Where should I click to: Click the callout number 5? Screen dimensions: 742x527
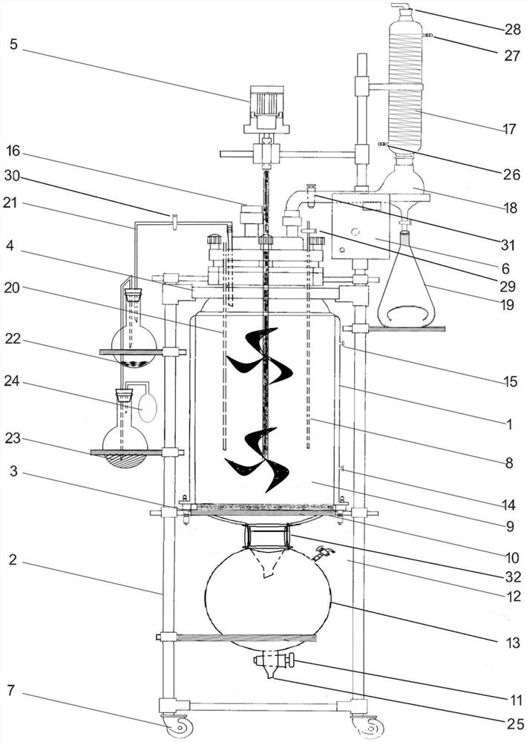coord(15,44)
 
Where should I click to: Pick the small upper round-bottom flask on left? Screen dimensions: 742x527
coord(134,338)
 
